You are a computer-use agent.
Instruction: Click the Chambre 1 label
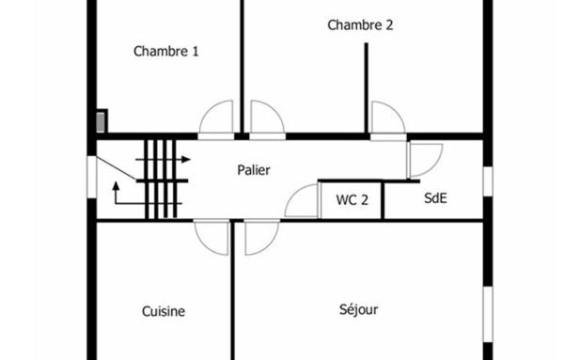coord(165,52)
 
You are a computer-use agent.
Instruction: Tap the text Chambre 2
coord(360,25)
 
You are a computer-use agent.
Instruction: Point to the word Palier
coord(254,170)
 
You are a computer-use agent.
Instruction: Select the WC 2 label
coord(352,199)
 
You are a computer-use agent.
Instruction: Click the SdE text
coord(435,198)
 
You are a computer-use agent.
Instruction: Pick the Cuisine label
coord(164,311)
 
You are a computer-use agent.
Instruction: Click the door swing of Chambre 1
coord(215,118)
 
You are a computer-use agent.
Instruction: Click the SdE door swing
coord(424,159)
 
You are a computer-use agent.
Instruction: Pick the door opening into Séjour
coord(261,237)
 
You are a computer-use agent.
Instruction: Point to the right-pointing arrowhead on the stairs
coord(186,160)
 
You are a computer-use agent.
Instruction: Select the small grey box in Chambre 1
coord(102,121)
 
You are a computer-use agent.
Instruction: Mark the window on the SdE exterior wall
coord(487,181)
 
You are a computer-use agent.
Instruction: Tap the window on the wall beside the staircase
coord(91,177)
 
